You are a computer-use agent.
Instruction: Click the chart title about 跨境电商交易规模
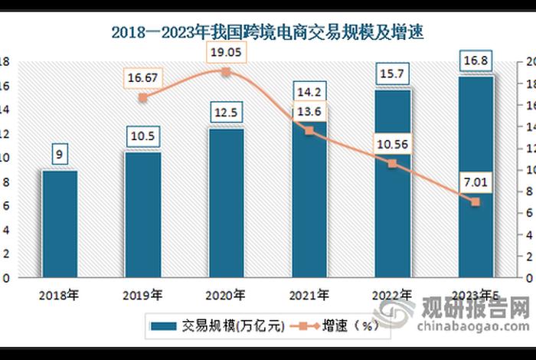pos(267,33)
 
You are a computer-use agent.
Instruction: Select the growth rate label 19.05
pos(226,52)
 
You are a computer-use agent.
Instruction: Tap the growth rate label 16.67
pos(143,77)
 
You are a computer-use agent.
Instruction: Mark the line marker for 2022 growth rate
pos(392,163)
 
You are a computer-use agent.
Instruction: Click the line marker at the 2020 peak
pos(226,72)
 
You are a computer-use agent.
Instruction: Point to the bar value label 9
pos(60,154)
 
